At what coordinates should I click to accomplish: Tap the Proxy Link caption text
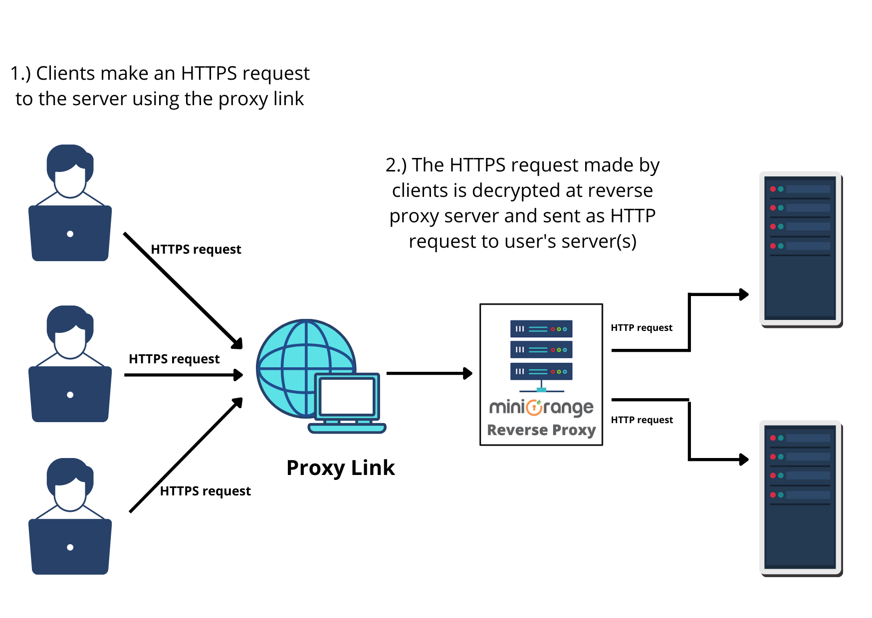tap(340, 467)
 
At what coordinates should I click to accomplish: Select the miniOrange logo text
tap(541, 408)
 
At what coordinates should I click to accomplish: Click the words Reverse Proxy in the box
tap(541, 430)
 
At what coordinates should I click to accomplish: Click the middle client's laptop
tap(70, 394)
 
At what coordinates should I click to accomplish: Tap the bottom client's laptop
tap(70, 546)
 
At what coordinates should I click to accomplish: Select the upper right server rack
tap(800, 248)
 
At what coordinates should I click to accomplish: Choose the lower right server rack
tap(800, 497)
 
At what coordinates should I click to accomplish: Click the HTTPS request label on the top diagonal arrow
tap(196, 249)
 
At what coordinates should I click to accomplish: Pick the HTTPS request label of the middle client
tap(174, 359)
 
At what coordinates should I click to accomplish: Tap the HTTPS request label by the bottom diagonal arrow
tap(205, 491)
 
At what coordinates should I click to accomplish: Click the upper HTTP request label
tap(642, 327)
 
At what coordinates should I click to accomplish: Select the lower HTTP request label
tap(642, 420)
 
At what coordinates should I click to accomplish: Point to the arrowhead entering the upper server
tap(743, 295)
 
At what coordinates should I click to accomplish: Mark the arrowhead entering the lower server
tap(743, 459)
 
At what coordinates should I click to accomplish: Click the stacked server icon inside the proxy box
tap(541, 350)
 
